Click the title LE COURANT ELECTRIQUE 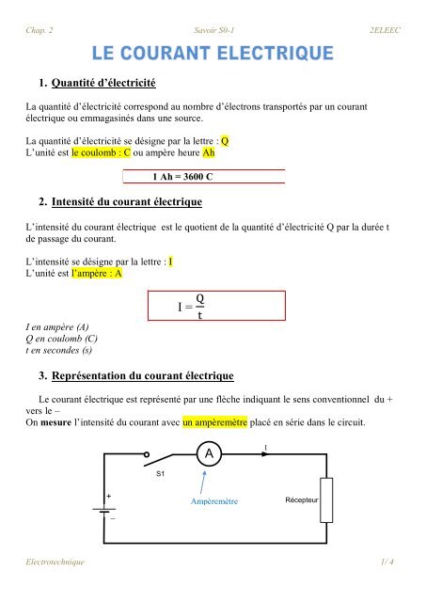(x=212, y=49)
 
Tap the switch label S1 (x=161, y=474)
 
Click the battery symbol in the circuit (x=103, y=508)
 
